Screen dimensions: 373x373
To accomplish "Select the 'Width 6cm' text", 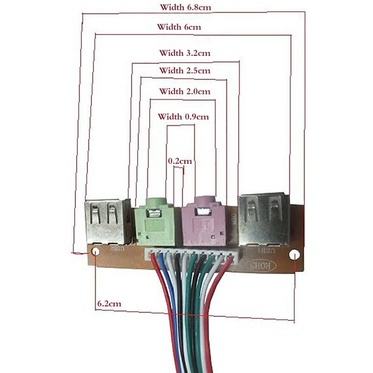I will [x=179, y=27].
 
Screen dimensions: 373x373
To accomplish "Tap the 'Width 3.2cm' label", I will [x=185, y=53].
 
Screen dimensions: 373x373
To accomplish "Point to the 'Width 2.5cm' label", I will [x=185, y=71].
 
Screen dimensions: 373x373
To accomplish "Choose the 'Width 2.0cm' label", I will [x=185, y=91].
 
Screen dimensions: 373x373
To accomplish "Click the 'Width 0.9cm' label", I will [x=183, y=117].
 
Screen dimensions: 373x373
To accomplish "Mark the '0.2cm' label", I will [x=180, y=161].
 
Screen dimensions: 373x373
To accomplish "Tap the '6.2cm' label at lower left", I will [x=109, y=303].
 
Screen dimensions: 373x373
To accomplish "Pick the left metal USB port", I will [x=106, y=222].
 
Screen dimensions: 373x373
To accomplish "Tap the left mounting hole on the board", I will [x=96, y=252].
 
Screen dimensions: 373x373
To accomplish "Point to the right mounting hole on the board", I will [x=294, y=255].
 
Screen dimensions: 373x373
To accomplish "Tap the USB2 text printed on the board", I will [x=117, y=249].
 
